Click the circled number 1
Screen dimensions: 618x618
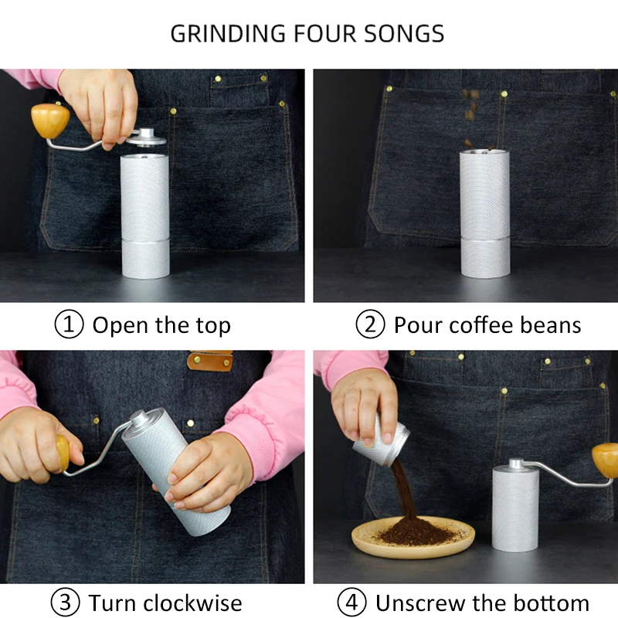(x=69, y=325)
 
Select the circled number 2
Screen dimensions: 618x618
(x=370, y=325)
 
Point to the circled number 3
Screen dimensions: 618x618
(x=65, y=602)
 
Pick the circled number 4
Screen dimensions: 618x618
(x=352, y=602)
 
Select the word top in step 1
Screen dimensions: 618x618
(x=212, y=325)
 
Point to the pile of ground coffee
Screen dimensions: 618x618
(x=413, y=531)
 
